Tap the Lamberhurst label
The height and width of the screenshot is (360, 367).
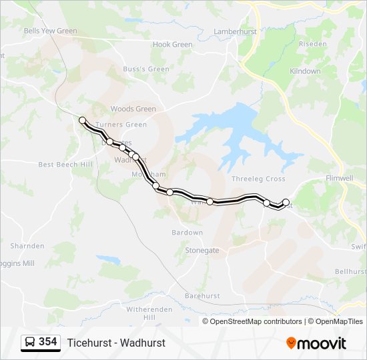pyautogui.click(x=235, y=31)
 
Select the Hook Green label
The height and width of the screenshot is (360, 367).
pyautogui.click(x=172, y=45)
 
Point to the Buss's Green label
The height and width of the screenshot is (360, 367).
pyautogui.click(x=146, y=69)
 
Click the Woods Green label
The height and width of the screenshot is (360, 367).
pyautogui.click(x=133, y=109)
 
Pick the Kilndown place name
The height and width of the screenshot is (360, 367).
pyautogui.click(x=305, y=71)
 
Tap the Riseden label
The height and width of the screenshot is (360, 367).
pyautogui.click(x=312, y=44)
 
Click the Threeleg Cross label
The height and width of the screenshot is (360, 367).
pyautogui.click(x=258, y=179)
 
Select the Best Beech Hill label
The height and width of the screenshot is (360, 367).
pyautogui.click(x=65, y=164)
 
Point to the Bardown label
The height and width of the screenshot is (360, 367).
pyautogui.click(x=187, y=233)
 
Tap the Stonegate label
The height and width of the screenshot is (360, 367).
pyautogui.click(x=202, y=251)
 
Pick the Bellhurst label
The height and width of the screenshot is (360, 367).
pyautogui.click(x=351, y=272)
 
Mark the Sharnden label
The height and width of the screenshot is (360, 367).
pyautogui.click(x=27, y=246)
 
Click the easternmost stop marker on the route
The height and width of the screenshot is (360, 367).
pyautogui.click(x=286, y=202)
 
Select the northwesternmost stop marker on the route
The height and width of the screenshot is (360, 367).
pyautogui.click(x=83, y=121)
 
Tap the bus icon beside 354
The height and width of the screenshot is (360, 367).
pyautogui.click(x=30, y=342)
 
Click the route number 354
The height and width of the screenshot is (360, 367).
pyautogui.click(x=48, y=342)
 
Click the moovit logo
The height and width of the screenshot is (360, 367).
pyautogui.click(x=316, y=343)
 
